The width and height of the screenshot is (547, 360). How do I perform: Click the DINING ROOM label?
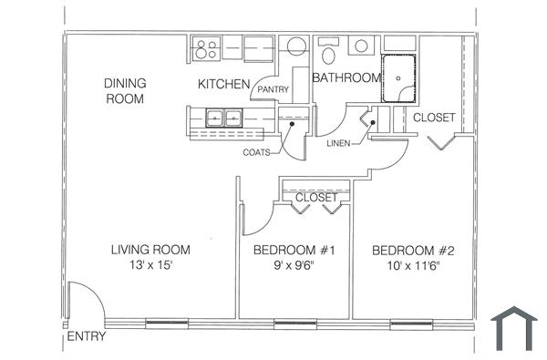click(x=126, y=90)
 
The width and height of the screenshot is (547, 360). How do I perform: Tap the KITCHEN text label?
click(x=224, y=85)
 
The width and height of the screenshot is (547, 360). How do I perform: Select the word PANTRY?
click(x=273, y=89)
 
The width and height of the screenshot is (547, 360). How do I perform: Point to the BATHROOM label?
click(x=346, y=78)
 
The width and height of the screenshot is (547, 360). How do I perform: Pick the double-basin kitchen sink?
click(x=223, y=117)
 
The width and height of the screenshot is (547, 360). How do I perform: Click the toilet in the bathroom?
click(x=330, y=47)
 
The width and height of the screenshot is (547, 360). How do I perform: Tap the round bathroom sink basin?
click(x=362, y=45)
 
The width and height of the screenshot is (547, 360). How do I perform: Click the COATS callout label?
click(x=256, y=152)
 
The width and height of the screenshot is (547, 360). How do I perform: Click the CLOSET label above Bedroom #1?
click(x=316, y=197)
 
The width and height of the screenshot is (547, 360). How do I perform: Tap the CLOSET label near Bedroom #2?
click(x=434, y=118)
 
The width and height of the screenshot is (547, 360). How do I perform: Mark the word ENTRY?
click(x=87, y=336)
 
